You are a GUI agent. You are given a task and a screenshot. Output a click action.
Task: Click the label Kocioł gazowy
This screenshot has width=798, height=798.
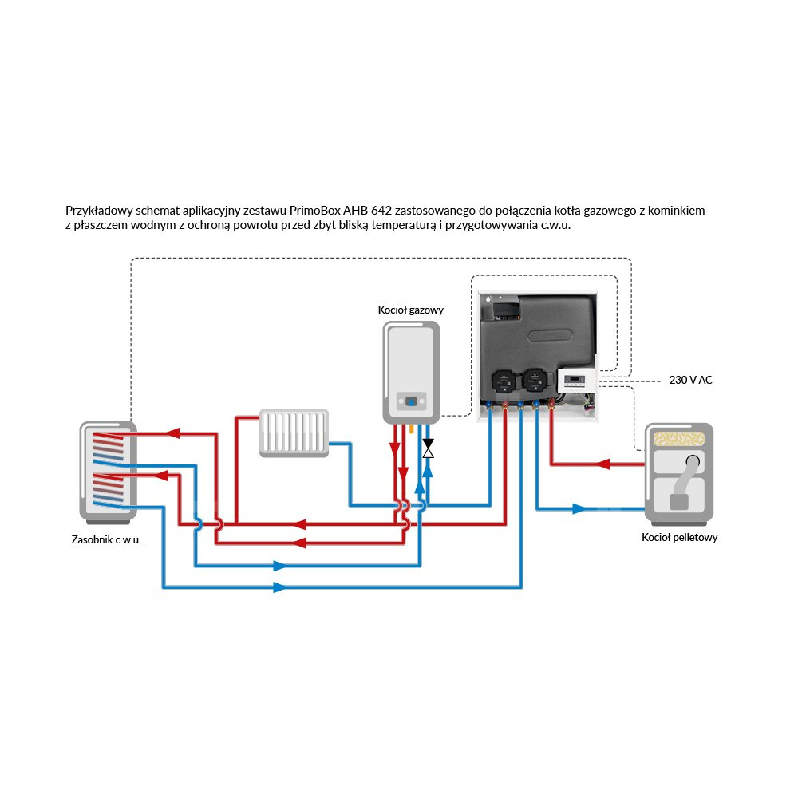(x=410, y=310)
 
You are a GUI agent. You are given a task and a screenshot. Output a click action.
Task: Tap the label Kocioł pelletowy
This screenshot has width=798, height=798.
(x=679, y=537)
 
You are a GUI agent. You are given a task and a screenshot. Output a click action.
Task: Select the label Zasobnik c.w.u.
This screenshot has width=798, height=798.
(x=106, y=540)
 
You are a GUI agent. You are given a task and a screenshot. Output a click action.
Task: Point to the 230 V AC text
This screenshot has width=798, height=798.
(x=690, y=381)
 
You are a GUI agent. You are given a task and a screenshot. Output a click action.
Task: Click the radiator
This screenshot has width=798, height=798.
(x=294, y=433)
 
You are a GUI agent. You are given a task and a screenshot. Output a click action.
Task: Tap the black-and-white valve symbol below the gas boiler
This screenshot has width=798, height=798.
(x=429, y=448)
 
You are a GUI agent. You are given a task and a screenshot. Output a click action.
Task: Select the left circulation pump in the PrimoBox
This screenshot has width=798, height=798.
(x=504, y=381)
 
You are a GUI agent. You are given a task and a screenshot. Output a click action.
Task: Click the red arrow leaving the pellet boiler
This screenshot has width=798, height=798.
(x=604, y=464)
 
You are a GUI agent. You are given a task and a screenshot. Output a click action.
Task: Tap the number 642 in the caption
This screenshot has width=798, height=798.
(x=381, y=211)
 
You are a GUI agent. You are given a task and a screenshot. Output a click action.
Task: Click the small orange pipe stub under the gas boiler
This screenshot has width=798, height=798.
(x=411, y=429)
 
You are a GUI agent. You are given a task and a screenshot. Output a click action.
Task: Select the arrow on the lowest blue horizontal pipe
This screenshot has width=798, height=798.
(x=279, y=587)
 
